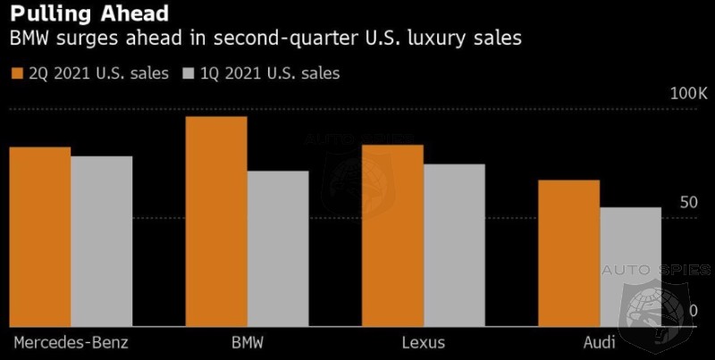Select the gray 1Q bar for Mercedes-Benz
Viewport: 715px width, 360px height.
point(101,241)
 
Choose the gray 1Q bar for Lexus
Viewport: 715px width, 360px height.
point(454,246)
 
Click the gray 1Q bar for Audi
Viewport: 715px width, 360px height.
point(630,267)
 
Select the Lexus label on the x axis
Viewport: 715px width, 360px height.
point(423,343)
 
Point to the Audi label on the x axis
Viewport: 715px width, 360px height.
point(600,343)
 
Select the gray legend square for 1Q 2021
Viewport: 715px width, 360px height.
point(189,73)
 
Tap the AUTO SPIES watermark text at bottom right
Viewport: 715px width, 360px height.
point(657,270)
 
